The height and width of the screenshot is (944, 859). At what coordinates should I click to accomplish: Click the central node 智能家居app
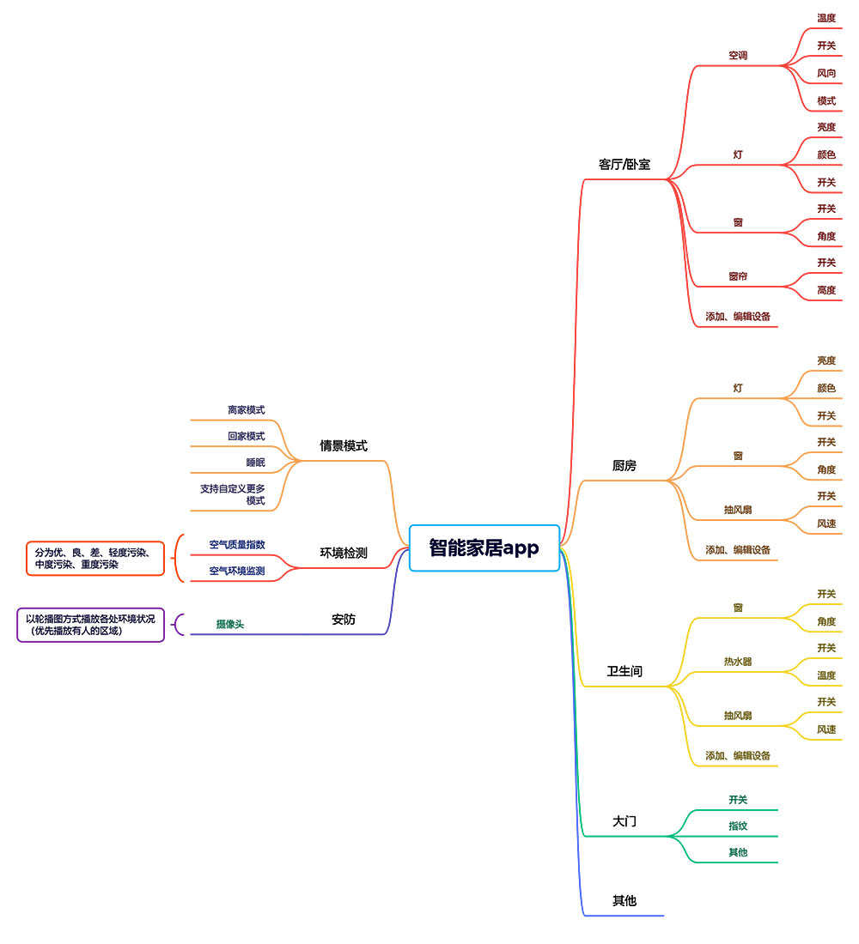click(484, 548)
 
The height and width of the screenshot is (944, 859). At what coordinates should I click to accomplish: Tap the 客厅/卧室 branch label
click(624, 164)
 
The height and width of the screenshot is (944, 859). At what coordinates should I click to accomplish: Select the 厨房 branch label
click(624, 466)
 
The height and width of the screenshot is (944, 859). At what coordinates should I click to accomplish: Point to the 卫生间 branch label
click(624, 671)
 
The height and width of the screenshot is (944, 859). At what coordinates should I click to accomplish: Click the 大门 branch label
click(624, 821)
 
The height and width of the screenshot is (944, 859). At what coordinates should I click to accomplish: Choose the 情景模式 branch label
click(344, 445)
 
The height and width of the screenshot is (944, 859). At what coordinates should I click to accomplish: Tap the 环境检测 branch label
click(344, 553)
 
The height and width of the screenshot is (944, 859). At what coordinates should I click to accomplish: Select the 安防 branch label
click(344, 619)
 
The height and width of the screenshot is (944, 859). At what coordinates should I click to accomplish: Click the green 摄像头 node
click(230, 624)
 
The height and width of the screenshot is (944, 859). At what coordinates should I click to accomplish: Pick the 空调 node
click(738, 56)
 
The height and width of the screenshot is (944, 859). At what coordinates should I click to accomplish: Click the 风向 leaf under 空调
click(826, 73)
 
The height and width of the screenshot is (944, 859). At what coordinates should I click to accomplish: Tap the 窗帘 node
click(738, 276)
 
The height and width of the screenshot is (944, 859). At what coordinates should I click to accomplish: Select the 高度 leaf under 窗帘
click(826, 290)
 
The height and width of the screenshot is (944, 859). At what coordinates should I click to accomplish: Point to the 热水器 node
click(738, 662)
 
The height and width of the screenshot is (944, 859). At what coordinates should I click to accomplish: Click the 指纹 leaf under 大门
click(738, 826)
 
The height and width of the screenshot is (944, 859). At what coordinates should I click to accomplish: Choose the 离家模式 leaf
click(247, 410)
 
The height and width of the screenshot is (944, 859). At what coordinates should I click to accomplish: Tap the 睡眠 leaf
click(255, 463)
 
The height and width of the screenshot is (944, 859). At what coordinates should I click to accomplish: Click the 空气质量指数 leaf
click(237, 544)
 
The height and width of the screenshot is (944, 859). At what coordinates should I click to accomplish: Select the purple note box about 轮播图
click(90, 625)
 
